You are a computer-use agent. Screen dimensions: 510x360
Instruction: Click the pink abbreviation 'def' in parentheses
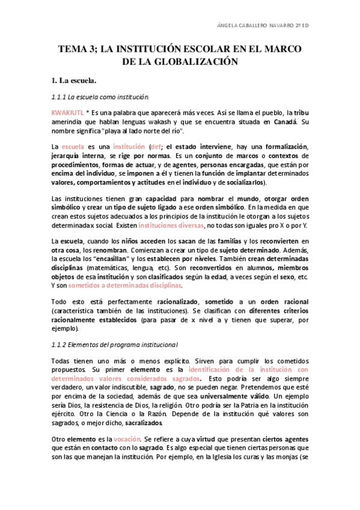pos(139,147)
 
